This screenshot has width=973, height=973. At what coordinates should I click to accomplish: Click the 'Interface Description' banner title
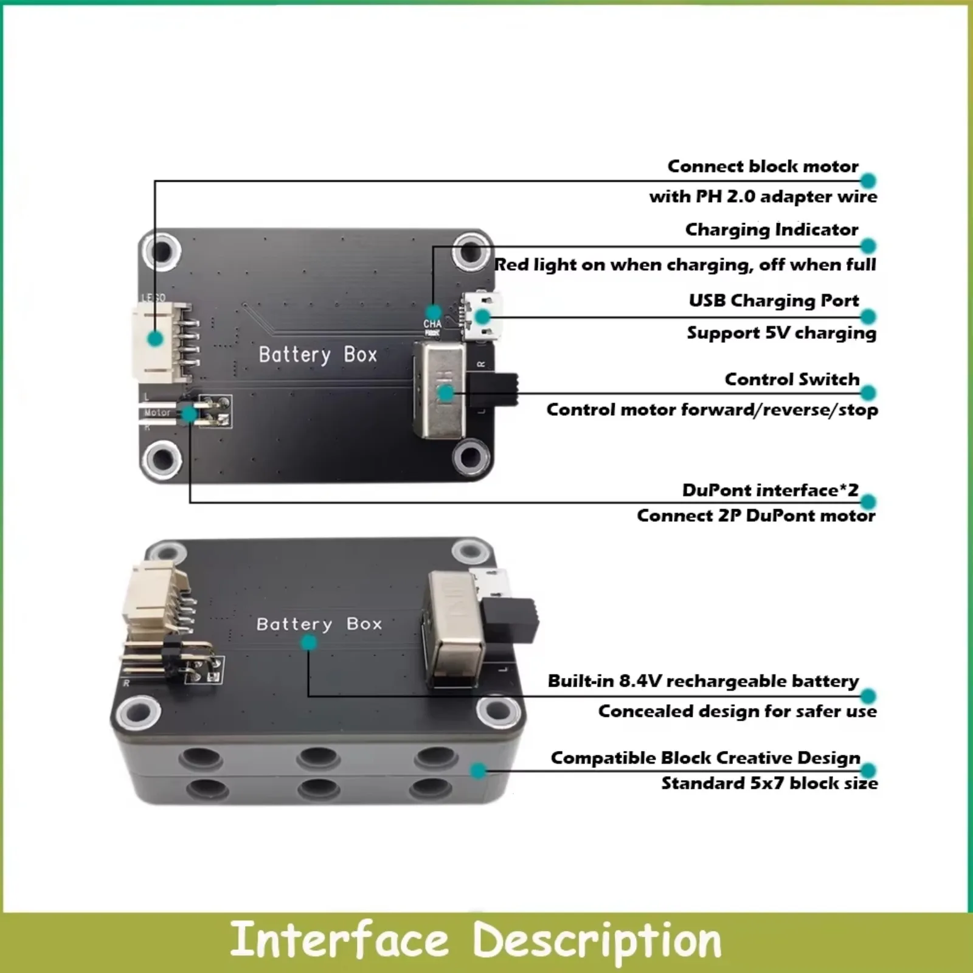pos(476,940)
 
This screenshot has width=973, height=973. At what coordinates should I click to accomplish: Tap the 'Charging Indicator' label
pos(771,230)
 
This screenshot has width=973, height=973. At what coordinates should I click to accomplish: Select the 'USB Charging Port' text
pos(774,300)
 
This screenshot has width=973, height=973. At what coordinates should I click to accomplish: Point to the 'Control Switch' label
pos(792,379)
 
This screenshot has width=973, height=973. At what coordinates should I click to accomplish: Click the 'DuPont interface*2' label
pos(770,490)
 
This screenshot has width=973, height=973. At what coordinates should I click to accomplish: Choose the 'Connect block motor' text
pos(763,166)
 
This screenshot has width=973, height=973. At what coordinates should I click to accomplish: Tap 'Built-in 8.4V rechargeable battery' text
pos(703,680)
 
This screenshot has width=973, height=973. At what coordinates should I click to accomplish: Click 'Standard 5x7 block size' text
pos(769,783)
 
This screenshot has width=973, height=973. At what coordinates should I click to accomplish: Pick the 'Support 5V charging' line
pos(781,333)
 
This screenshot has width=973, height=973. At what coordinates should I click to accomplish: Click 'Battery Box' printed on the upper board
pos(317,355)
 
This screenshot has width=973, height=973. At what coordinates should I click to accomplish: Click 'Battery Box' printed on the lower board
pos(319,624)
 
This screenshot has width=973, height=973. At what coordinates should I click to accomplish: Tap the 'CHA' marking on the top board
pos(432,324)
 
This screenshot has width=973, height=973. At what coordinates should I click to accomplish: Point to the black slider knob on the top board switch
pos(499,390)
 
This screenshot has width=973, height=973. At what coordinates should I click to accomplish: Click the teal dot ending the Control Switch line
pos(868,393)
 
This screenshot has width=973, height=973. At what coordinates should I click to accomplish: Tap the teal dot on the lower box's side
pos(479,771)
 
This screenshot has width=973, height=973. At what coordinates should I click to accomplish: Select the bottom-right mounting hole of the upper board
pos(469,457)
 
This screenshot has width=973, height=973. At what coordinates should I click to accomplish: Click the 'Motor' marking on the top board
pos(157,412)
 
